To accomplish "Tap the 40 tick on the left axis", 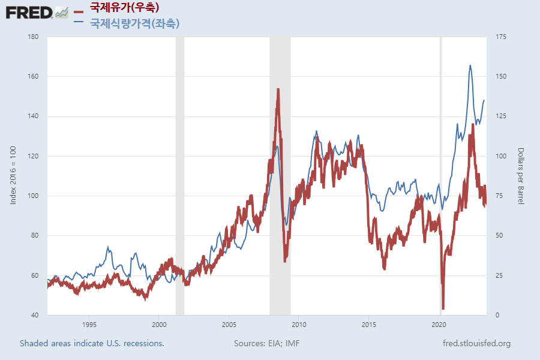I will pyautogui.click(x=35, y=315).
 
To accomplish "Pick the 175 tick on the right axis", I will pyautogui.click(x=501, y=37).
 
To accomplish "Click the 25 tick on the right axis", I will pyautogui.click(x=499, y=275).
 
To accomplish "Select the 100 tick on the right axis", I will pyautogui.click(x=501, y=156).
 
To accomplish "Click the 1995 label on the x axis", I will pyautogui.click(x=89, y=324).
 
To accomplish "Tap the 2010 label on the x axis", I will pyautogui.click(x=299, y=324).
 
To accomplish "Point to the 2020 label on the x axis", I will pyautogui.click(x=439, y=324).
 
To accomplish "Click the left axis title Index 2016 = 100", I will pyautogui.click(x=13, y=176).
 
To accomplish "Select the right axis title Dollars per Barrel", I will pyautogui.click(x=521, y=176).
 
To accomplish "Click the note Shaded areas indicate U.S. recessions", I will pyautogui.click(x=92, y=344).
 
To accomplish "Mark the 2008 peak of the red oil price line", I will pyautogui.click(x=278, y=89).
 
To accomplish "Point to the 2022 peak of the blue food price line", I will pyautogui.click(x=470, y=65).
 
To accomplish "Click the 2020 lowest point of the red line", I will pyautogui.click(x=443, y=308).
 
